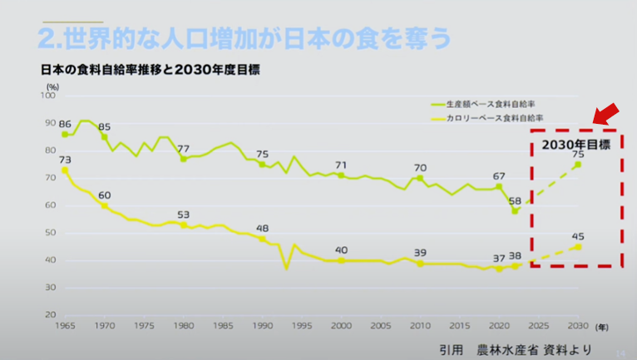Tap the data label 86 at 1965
pyautogui.click(x=65, y=123)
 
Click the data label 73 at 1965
pyautogui.click(x=65, y=159)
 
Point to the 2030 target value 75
pyautogui.click(x=578, y=155)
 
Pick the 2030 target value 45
pyautogui.click(x=578, y=237)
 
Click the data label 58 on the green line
pyautogui.click(x=516, y=201)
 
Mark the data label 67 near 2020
pyautogui.click(x=499, y=176)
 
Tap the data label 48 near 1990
pyautogui.click(x=262, y=228)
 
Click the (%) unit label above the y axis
pyautogui.click(x=52, y=86)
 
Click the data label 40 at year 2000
pyautogui.click(x=341, y=249)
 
